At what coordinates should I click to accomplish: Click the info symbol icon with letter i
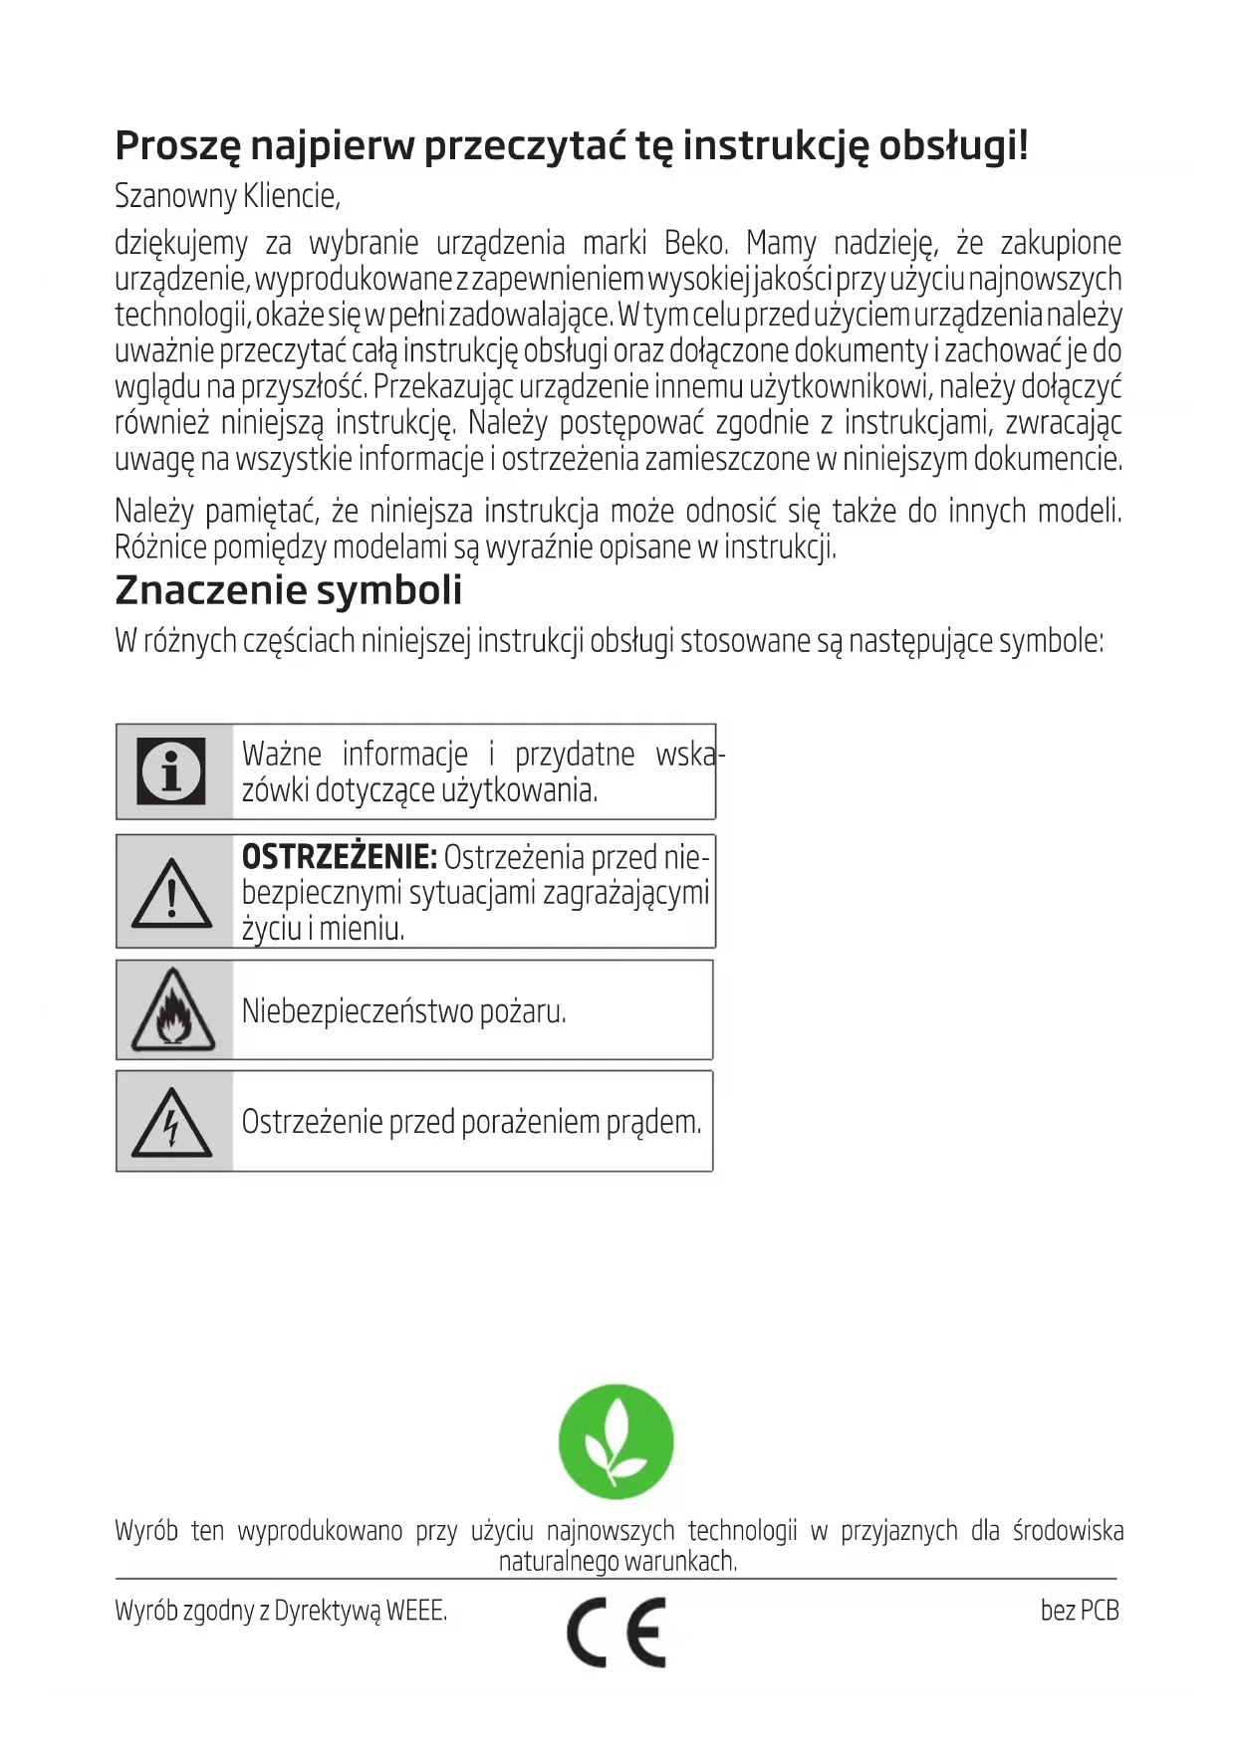tap(171, 770)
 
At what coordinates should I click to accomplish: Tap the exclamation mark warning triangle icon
tap(172, 893)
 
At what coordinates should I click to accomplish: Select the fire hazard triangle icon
tap(173, 1010)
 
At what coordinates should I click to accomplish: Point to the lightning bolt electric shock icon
tap(171, 1122)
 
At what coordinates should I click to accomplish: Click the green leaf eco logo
tap(616, 1441)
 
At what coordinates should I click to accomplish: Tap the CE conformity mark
tap(617, 1633)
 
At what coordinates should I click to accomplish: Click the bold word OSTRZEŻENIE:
tap(339, 856)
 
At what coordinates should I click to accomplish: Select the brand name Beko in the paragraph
tap(695, 243)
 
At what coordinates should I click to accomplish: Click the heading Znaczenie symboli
tap(289, 590)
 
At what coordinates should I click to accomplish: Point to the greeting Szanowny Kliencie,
tap(227, 196)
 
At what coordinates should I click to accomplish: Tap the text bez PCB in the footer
tap(1080, 1610)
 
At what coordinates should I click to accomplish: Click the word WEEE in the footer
tap(415, 1610)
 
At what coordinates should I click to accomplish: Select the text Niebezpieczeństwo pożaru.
tap(403, 1011)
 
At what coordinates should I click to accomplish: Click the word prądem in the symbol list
tap(653, 1122)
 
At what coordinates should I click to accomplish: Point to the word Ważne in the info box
tap(282, 754)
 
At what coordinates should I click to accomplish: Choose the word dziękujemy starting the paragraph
tap(181, 243)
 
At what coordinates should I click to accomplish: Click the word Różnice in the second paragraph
tap(160, 547)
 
